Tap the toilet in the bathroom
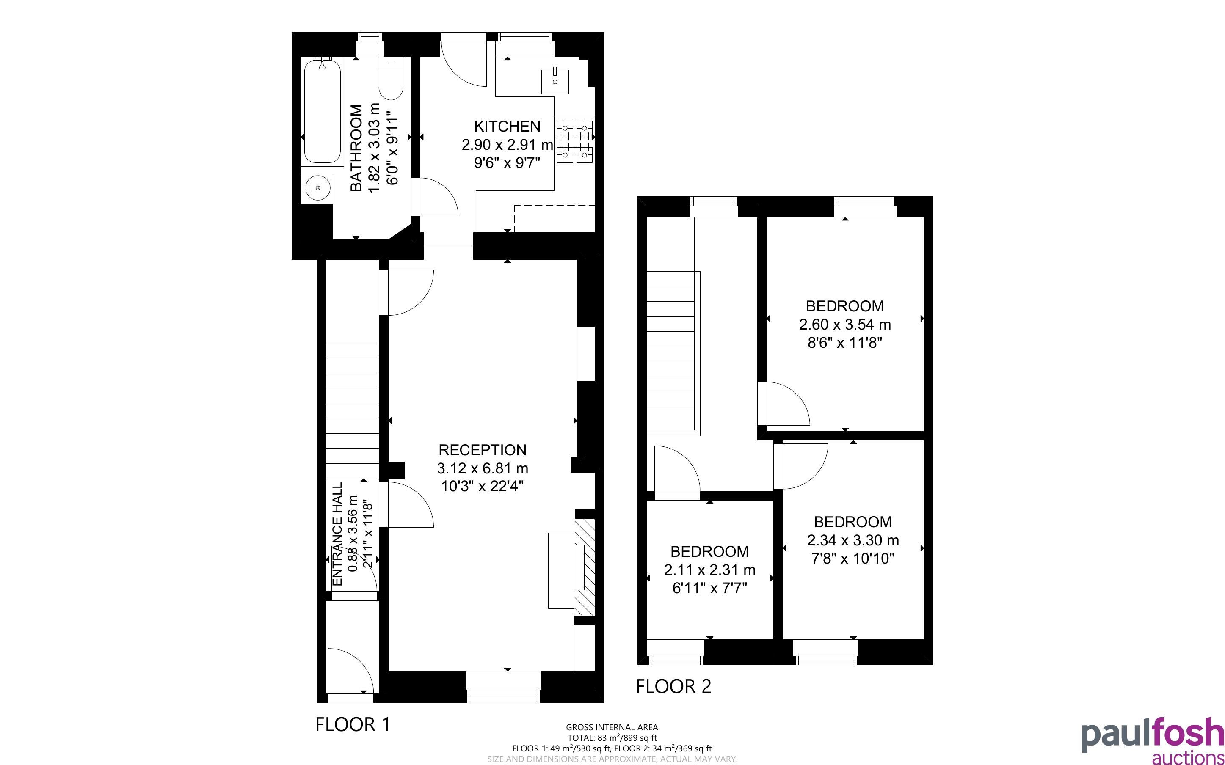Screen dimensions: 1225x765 (x=391, y=80)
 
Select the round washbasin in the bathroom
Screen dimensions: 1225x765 (x=317, y=188)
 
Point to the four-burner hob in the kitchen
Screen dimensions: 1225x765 (x=574, y=142)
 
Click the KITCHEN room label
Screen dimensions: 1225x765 (x=507, y=126)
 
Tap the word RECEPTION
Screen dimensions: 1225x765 (x=482, y=450)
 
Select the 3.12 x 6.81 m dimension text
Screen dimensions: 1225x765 (x=482, y=468)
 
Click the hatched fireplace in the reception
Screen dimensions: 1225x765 (x=585, y=567)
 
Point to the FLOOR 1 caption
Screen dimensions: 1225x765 (x=353, y=724)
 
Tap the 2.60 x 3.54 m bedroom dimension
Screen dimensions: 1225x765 (x=845, y=324)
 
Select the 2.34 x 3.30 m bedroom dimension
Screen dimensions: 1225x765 (x=853, y=540)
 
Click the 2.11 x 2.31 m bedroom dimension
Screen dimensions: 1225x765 (x=709, y=570)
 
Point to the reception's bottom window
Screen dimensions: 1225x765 (x=503, y=687)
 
